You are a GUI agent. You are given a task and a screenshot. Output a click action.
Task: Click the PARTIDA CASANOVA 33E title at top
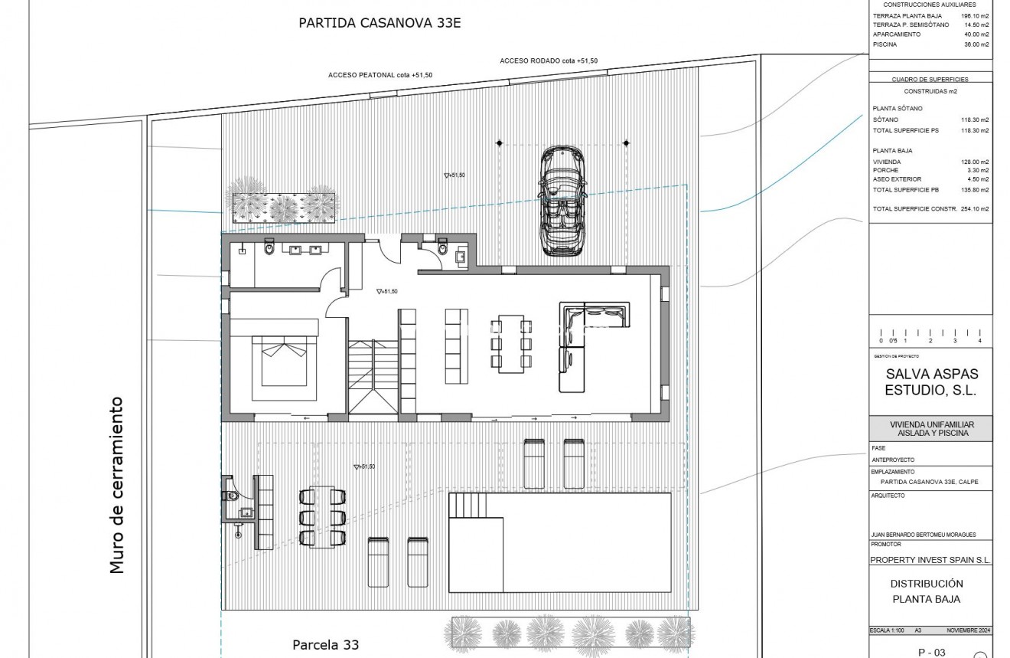pos(380,22)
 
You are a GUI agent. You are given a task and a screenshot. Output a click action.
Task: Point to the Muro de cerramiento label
pos(116,484)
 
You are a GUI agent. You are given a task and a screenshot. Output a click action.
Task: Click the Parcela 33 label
pos(325,644)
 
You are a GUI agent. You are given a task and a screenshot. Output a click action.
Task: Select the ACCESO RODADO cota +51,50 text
pos(549,61)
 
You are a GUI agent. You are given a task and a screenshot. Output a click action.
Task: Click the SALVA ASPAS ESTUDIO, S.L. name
pos(930,382)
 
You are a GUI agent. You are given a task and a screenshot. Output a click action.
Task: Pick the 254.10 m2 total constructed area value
pos(975,208)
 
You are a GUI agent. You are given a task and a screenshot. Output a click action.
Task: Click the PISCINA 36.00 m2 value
pos(976,44)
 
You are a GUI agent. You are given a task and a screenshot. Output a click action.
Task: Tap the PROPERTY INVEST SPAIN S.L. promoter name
pos(930,560)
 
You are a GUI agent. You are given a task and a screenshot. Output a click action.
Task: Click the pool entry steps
pos(467,505)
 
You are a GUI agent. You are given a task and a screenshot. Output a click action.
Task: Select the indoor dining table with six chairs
pos(510,343)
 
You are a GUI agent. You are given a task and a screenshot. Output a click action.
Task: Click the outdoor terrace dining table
pos(322,517)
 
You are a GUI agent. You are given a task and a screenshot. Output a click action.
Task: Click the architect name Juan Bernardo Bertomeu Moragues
pos(923,535)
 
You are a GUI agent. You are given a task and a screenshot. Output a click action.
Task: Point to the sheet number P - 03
pos(930,652)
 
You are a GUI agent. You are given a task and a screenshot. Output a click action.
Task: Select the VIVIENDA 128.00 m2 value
pos(975,162)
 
